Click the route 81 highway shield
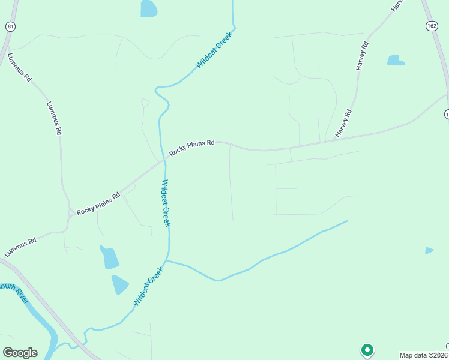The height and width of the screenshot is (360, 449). [x=10, y=26]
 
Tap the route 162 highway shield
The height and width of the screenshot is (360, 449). [x=431, y=26]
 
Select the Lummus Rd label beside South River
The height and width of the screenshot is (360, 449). [x=20, y=247]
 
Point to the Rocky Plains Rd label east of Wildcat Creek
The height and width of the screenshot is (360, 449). [x=192, y=148]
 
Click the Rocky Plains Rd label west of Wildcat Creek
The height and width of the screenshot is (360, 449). [x=98, y=204]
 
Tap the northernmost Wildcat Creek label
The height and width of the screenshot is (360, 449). [x=214, y=50]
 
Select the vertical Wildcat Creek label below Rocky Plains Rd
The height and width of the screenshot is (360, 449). [x=166, y=203]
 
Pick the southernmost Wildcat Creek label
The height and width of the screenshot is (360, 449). [x=148, y=287]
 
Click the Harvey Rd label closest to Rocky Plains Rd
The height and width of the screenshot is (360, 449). [x=343, y=124]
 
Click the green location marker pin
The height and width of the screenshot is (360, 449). [x=367, y=349]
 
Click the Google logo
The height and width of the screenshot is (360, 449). [x=20, y=353]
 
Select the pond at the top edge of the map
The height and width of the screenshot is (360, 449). [x=149, y=8]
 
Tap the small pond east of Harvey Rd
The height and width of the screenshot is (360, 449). [x=396, y=60]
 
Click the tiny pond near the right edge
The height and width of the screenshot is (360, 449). [x=429, y=250]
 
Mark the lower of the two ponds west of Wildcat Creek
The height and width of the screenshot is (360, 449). [x=119, y=284]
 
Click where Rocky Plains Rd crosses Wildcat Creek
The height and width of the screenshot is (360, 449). [x=163, y=160]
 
